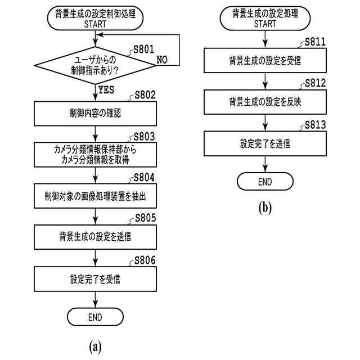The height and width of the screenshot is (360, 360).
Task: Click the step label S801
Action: pyautogui.click(x=144, y=49)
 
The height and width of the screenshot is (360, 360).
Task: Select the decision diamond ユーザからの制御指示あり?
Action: pyautogui.click(x=95, y=65)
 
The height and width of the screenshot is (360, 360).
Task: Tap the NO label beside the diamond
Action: pyautogui.click(x=162, y=60)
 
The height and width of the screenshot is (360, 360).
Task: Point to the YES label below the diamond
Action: pyautogui.click(x=106, y=90)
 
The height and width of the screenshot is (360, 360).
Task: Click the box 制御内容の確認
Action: pyautogui.click(x=95, y=114)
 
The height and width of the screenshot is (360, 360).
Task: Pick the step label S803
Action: pyautogui.click(x=144, y=137)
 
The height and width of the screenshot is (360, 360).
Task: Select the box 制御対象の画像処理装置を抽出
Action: pyautogui.click(x=95, y=196)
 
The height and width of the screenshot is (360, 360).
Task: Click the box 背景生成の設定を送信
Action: pyautogui.click(x=95, y=237)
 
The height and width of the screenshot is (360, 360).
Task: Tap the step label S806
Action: pyautogui.click(x=145, y=260)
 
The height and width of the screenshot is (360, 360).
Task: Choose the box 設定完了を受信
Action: pyautogui.click(x=95, y=279)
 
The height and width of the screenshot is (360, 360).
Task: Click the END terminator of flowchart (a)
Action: pyautogui.click(x=95, y=317)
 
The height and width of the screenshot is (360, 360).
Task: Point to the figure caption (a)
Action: pyautogui.click(x=95, y=347)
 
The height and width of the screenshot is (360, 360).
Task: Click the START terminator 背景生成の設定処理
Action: pyautogui.click(x=265, y=18)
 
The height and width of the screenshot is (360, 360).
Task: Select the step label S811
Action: pyautogui.click(x=315, y=42)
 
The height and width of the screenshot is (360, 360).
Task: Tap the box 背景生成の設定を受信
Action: pyautogui.click(x=265, y=60)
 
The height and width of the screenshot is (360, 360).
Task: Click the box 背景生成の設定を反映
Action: pyautogui.click(x=265, y=102)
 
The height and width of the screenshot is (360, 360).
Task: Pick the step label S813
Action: pyautogui.click(x=315, y=125)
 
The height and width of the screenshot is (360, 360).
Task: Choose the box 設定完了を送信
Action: pyautogui.click(x=265, y=143)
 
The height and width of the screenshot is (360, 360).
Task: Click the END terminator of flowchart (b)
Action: pyautogui.click(x=265, y=181)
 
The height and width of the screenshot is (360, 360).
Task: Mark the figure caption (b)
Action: pyautogui.click(x=265, y=208)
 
